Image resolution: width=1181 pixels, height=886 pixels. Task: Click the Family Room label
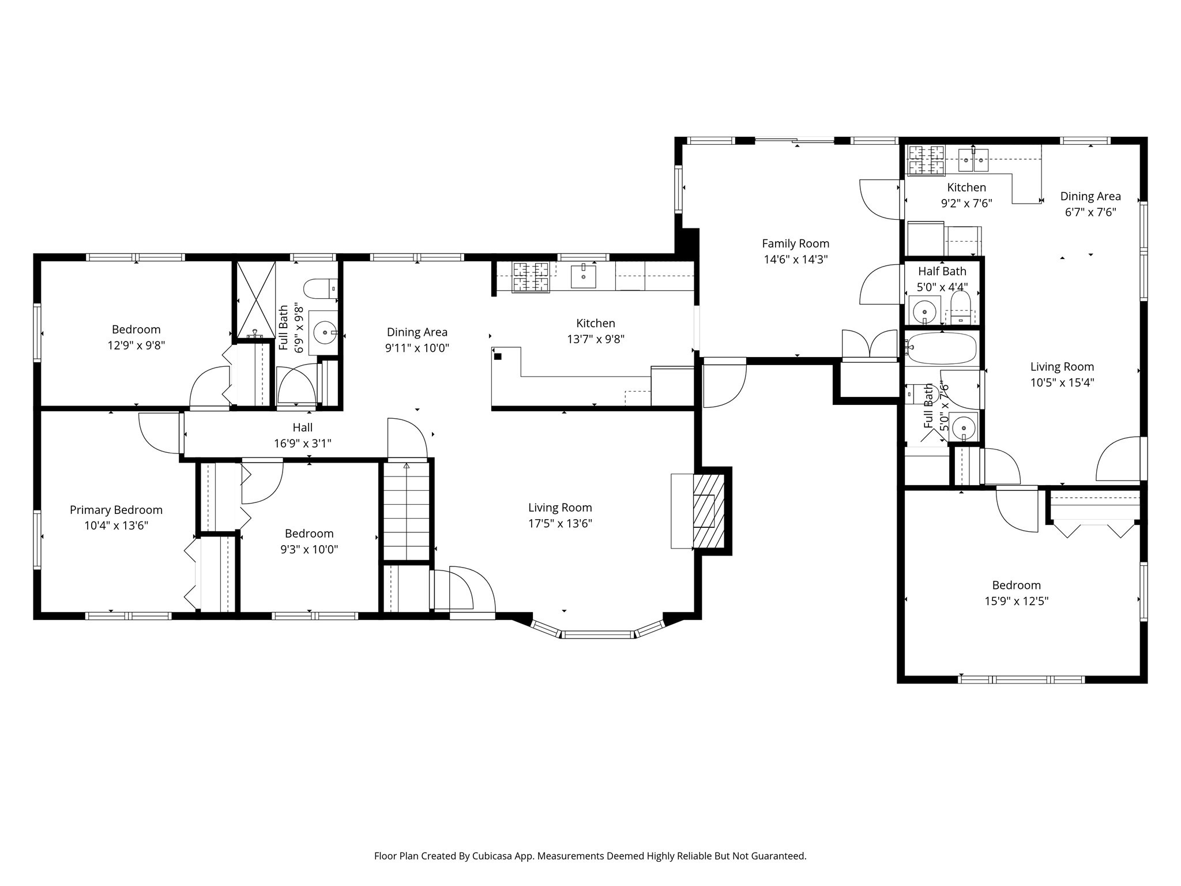pyautogui.click(x=795, y=243)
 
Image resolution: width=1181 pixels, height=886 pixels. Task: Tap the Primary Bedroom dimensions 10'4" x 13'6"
pyautogui.click(x=116, y=525)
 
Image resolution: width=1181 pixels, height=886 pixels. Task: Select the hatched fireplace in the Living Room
pyautogui.click(x=708, y=511)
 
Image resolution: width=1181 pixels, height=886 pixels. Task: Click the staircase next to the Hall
pyautogui.click(x=407, y=510)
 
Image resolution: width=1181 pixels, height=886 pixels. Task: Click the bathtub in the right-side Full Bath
pyautogui.click(x=942, y=348)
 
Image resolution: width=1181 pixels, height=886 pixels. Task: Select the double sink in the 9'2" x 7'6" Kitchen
pyautogui.click(x=973, y=160)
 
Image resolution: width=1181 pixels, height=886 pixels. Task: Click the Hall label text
pyautogui.click(x=302, y=427)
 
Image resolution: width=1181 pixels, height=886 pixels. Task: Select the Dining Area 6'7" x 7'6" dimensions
pyautogui.click(x=1090, y=212)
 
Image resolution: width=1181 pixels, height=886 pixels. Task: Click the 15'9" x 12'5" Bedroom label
pyautogui.click(x=1016, y=585)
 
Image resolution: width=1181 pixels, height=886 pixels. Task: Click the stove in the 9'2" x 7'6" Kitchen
pyautogui.click(x=927, y=160)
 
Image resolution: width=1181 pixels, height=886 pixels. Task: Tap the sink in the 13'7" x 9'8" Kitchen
pyautogui.click(x=583, y=276)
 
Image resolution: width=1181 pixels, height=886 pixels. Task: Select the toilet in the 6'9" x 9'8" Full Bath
pyautogui.click(x=318, y=288)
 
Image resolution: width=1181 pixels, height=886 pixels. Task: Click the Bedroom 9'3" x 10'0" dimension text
pyautogui.click(x=309, y=550)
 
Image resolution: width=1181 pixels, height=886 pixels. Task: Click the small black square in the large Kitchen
pyautogui.click(x=498, y=356)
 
